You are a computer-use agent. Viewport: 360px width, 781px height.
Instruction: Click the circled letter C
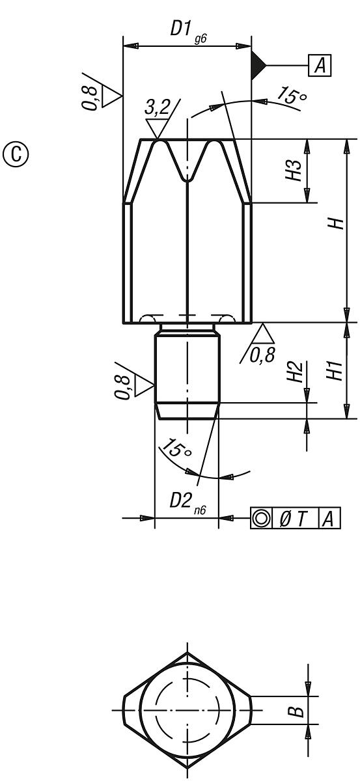coord(16,154)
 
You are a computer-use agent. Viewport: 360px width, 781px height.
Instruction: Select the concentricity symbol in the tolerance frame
coord(262,518)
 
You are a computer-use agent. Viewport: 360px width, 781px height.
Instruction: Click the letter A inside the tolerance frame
coord(329,518)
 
